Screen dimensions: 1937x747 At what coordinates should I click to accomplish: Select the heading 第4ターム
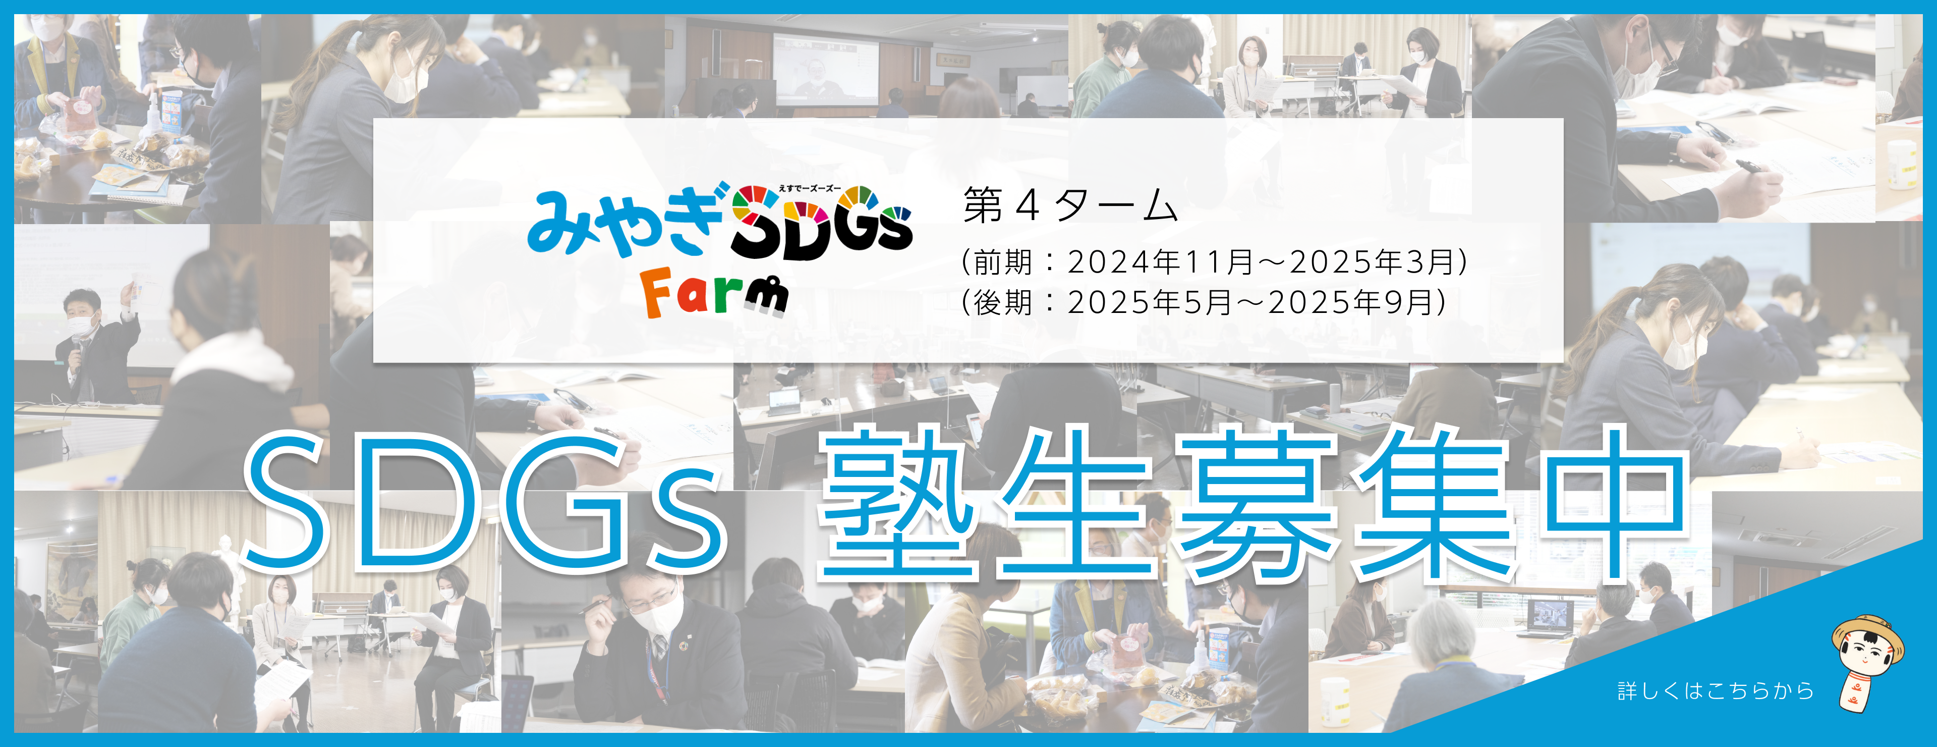coord(1070,205)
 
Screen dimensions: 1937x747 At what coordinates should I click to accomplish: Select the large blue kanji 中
coord(1613,503)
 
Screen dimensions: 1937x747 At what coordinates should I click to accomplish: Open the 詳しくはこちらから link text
coord(1716,690)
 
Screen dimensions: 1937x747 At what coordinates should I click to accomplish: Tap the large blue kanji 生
coord(1075,503)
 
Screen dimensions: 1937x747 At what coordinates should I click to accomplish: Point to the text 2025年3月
coord(1372,262)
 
